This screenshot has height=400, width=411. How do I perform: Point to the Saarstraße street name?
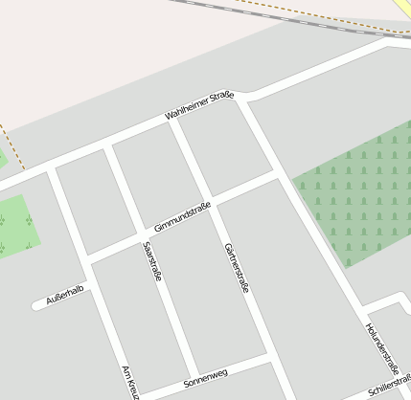coord(152,259)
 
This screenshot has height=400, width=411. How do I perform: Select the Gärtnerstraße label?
coord(236,267)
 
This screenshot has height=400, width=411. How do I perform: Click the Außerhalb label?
coord(65,296)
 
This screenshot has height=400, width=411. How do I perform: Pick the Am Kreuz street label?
coord(131,382)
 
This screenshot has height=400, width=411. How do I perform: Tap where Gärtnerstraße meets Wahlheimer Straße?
coord(173,122)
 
